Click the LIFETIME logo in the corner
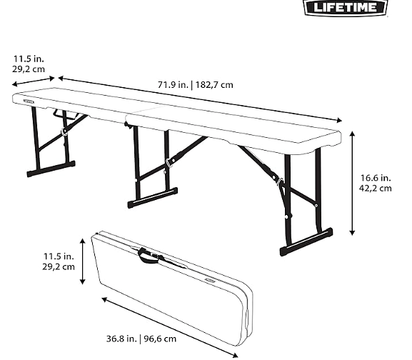[x=346, y=7]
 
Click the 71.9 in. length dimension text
[x=174, y=85]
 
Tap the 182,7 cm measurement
[x=214, y=85]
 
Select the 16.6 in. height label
[x=376, y=178]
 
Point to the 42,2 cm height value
[x=375, y=189]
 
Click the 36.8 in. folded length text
[x=121, y=339]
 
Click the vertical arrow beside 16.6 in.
[x=352, y=184]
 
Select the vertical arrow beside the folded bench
[x=83, y=261]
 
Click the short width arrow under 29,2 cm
[x=33, y=81]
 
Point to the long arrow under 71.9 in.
[x=200, y=99]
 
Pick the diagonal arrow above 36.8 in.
[x=170, y=328]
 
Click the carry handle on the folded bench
[x=149, y=256]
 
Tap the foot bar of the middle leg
[x=153, y=198]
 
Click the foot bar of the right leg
[x=306, y=242]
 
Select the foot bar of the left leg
[x=51, y=169]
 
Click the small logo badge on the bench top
[x=29, y=101]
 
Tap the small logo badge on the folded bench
[x=211, y=281]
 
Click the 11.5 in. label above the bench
[x=29, y=59]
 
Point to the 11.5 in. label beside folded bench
[x=59, y=256]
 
